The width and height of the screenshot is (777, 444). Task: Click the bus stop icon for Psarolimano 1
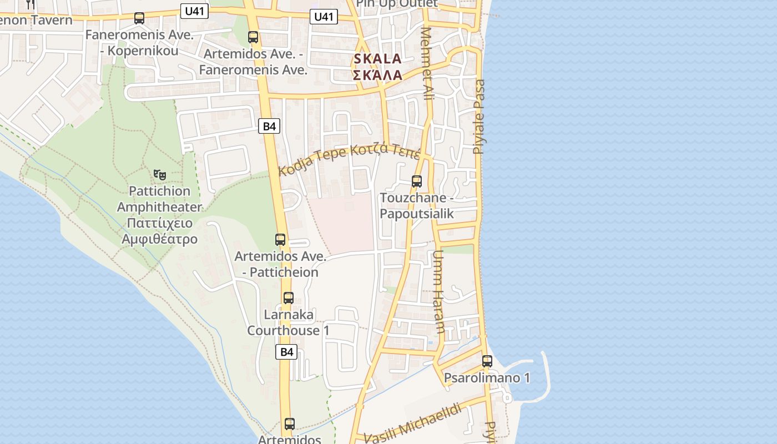click(x=487, y=361)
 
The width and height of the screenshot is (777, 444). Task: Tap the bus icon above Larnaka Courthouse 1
click(x=288, y=298)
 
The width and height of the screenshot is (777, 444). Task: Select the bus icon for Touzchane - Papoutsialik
click(x=416, y=181)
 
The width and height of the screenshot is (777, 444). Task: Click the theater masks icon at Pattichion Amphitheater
click(x=160, y=175)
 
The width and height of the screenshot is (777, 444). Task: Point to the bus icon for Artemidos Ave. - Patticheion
click(x=280, y=240)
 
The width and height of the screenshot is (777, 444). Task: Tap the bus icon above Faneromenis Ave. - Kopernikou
click(x=139, y=18)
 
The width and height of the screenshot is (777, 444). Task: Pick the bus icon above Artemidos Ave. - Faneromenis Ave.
click(x=253, y=37)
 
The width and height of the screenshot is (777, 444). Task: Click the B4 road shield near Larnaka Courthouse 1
click(x=286, y=351)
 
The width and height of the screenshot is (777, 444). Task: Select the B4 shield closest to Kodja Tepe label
click(x=269, y=126)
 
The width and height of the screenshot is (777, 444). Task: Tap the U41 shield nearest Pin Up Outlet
click(x=324, y=17)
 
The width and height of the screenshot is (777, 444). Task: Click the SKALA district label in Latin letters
click(x=377, y=59)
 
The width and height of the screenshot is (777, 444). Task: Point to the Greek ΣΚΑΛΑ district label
click(x=377, y=75)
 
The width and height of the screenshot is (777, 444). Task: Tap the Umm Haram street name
click(x=438, y=291)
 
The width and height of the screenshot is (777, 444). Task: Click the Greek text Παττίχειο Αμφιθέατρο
click(x=160, y=231)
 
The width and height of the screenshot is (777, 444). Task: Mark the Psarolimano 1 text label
click(x=487, y=379)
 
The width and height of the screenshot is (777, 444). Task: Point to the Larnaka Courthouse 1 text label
click(x=288, y=322)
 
